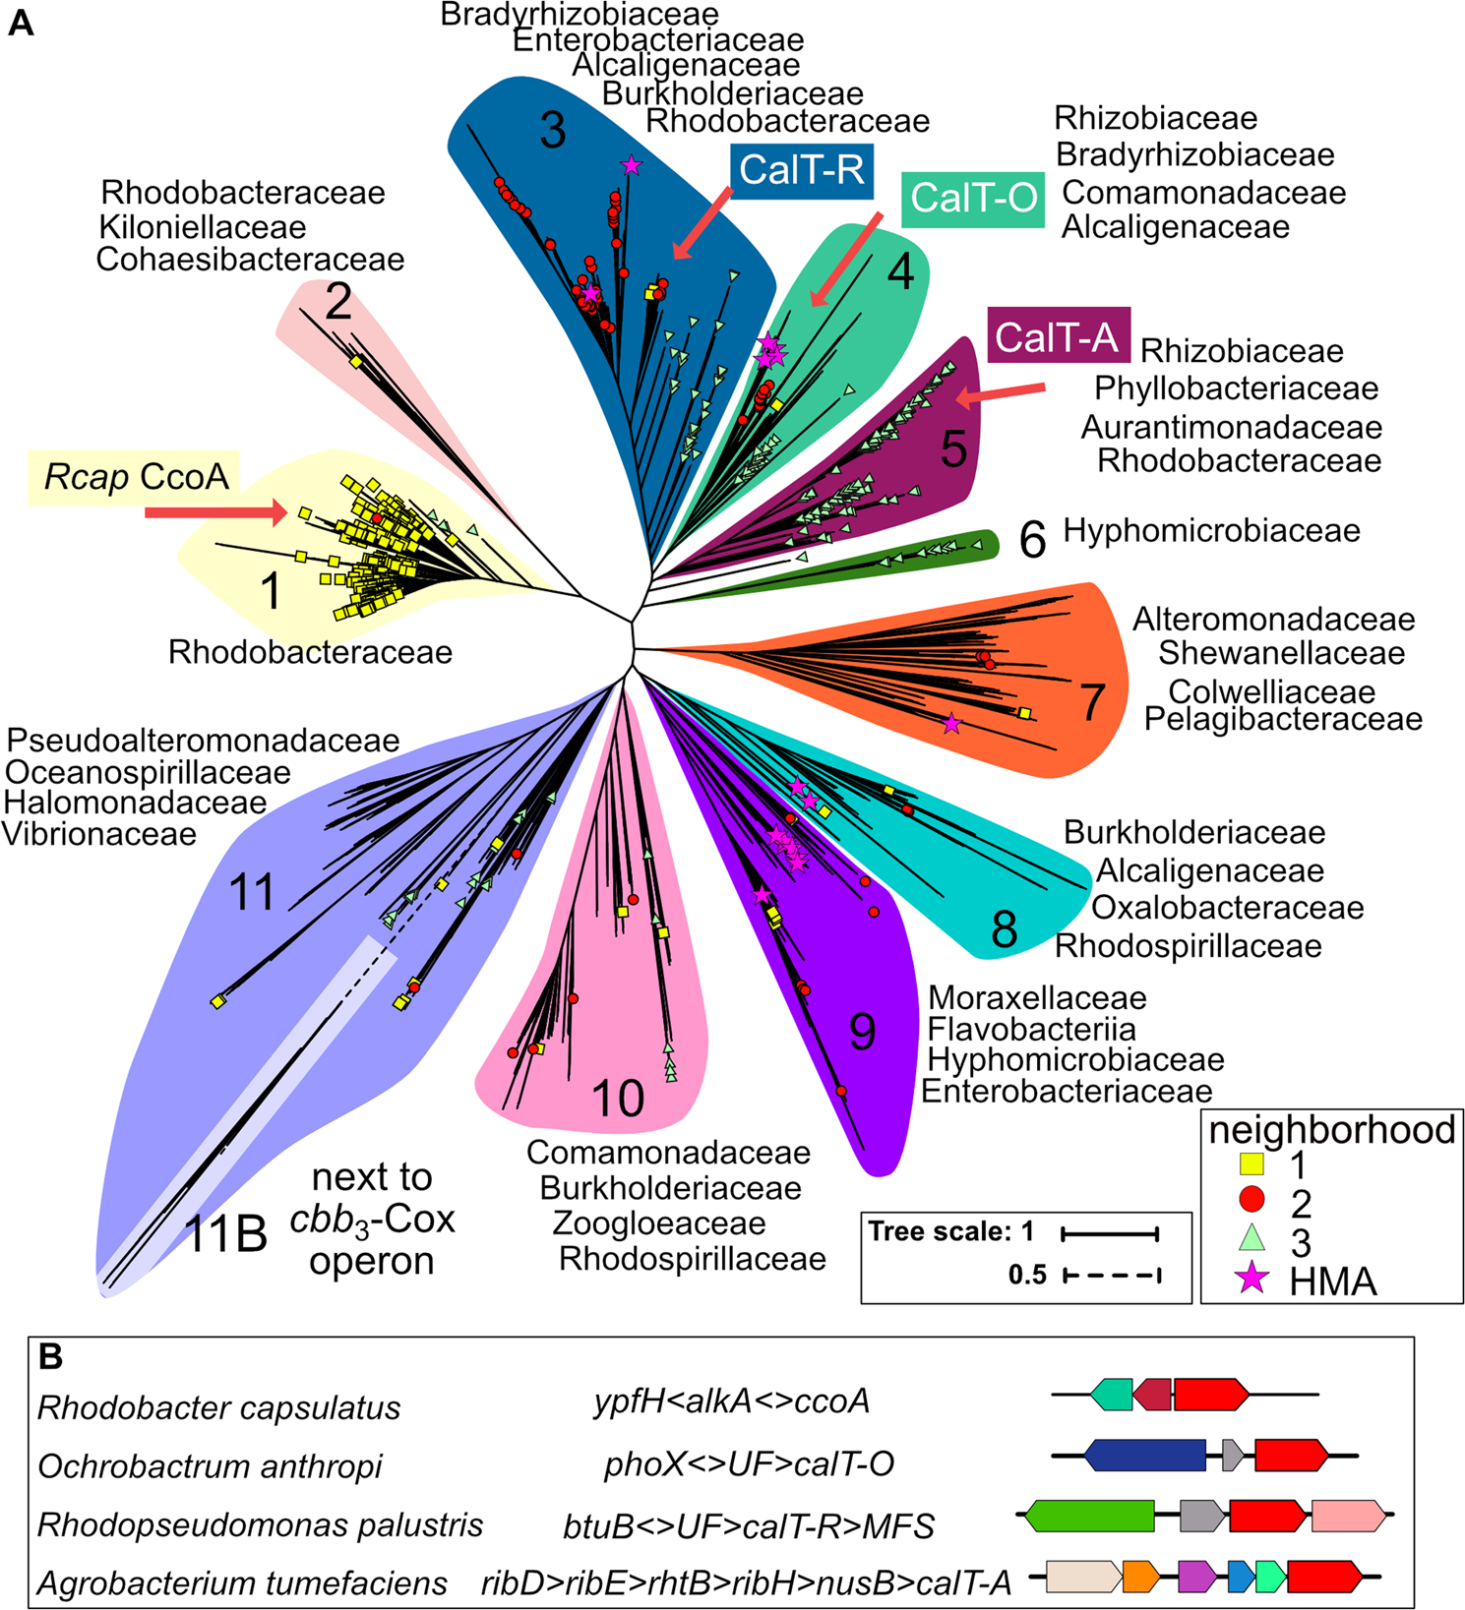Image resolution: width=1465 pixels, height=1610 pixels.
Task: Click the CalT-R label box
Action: click(801, 169)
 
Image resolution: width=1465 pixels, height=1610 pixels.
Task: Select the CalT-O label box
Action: click(973, 199)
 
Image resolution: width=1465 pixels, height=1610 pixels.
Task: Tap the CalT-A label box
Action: click(1057, 336)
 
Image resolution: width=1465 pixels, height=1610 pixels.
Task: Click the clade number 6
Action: click(1031, 540)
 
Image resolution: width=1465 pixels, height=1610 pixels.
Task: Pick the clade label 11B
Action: click(226, 1234)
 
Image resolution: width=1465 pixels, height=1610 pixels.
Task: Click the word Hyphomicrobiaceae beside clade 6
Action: click(1211, 531)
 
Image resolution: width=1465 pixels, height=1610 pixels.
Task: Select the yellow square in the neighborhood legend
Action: click(1251, 1164)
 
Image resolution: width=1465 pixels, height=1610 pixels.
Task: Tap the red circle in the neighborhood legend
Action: click(1251, 1199)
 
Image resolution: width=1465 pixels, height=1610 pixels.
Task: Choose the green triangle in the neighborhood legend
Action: click(1251, 1237)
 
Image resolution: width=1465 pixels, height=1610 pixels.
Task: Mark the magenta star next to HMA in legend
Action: click(1251, 1279)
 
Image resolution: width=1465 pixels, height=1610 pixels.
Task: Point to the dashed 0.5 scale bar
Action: click(1112, 1276)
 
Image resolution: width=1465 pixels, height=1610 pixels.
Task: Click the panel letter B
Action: click(50, 1358)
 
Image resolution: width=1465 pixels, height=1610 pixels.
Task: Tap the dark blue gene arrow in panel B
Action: click(1145, 1455)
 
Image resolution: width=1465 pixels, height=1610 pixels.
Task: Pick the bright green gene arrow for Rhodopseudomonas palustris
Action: click(1089, 1516)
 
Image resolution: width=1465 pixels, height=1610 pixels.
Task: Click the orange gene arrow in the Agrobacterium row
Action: click(1141, 1577)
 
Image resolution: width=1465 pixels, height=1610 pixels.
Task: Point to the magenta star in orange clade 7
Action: click(951, 724)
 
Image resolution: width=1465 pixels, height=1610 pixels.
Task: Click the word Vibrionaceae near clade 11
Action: click(99, 835)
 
